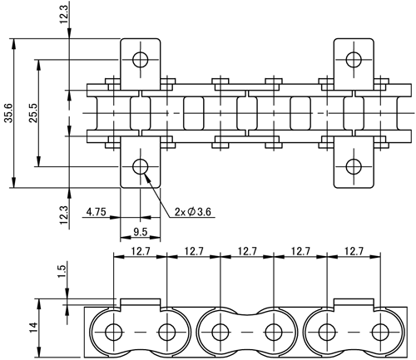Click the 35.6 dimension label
8,113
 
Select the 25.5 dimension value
33,113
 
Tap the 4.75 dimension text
97,212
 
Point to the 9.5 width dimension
141,232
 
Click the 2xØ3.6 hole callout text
193,212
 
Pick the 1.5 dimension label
62,272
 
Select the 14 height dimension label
33,328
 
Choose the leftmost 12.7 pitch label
141,251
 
